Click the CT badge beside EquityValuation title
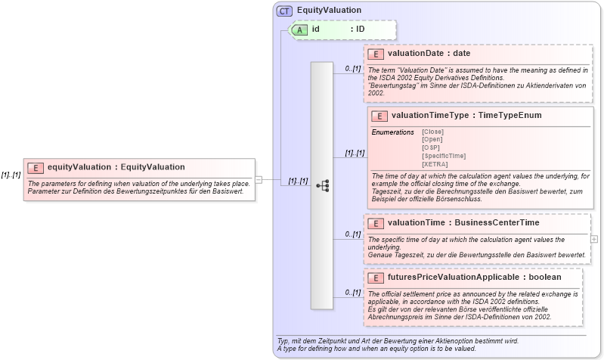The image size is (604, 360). click(x=285, y=11)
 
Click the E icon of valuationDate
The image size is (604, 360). click(x=376, y=54)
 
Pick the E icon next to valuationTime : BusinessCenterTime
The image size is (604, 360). click(x=376, y=223)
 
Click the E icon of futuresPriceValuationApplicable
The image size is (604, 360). click(x=376, y=278)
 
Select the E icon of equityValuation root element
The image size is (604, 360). click(x=35, y=167)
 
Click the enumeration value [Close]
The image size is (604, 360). click(x=432, y=132)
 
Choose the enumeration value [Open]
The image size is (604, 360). click(x=432, y=139)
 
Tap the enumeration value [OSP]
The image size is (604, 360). click(x=431, y=147)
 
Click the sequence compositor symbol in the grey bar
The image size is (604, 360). click(x=322, y=185)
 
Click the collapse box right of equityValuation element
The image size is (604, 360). click(x=258, y=180)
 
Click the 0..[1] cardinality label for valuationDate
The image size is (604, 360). click(x=352, y=69)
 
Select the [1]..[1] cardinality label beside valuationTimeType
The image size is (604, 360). click(x=355, y=154)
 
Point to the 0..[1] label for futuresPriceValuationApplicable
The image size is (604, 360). click(x=352, y=293)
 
